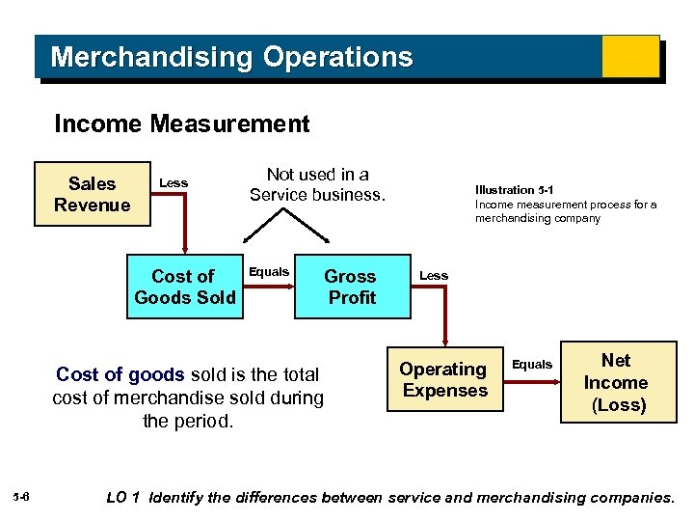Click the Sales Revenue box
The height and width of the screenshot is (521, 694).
click(x=93, y=194)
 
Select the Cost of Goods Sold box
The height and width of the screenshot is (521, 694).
click(x=185, y=287)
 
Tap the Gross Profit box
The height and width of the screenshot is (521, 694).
click(x=351, y=287)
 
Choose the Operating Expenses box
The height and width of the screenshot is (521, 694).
click(x=444, y=379)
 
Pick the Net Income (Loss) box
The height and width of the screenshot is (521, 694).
click(x=617, y=382)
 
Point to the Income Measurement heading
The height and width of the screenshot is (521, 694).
click(x=182, y=123)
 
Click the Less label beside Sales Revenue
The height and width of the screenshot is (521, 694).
click(x=173, y=182)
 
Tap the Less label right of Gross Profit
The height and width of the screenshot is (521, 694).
click(x=434, y=275)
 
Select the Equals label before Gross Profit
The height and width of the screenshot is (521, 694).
click(x=269, y=271)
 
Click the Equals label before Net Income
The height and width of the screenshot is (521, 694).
click(x=532, y=364)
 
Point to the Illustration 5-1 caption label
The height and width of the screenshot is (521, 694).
click(x=514, y=190)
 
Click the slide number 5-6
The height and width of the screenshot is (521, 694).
click(x=22, y=497)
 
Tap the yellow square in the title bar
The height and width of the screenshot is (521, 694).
click(x=630, y=57)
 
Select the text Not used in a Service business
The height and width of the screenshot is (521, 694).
click(x=317, y=184)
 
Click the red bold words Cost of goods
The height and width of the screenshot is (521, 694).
click(x=120, y=374)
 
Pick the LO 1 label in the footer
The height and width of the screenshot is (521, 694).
click(x=122, y=498)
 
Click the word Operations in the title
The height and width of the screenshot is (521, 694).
click(x=337, y=57)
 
